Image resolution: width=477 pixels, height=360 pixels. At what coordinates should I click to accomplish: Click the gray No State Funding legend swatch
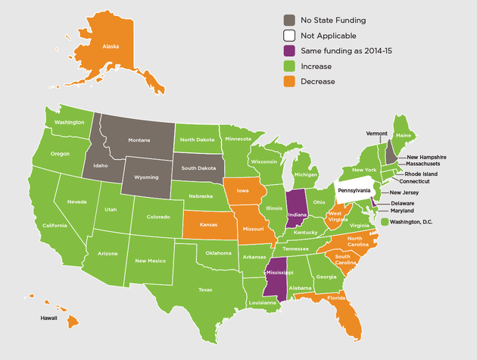[290, 20]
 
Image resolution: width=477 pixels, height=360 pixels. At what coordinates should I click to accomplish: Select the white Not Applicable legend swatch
[290, 35]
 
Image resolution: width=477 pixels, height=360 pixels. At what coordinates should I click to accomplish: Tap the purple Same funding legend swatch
[290, 51]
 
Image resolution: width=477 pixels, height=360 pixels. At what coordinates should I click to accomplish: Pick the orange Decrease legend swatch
[290, 81]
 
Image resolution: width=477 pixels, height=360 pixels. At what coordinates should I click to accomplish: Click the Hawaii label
[49, 319]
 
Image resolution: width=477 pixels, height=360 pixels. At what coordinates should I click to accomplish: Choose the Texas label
[205, 290]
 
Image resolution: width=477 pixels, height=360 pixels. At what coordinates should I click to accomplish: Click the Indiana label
[297, 215]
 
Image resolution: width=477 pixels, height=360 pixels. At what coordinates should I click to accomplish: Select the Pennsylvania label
[354, 190]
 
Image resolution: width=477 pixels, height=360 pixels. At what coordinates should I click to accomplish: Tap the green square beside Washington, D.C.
[385, 221]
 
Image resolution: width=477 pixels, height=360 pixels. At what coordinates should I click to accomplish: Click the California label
[55, 226]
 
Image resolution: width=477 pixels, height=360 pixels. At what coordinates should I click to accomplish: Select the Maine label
[405, 136]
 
